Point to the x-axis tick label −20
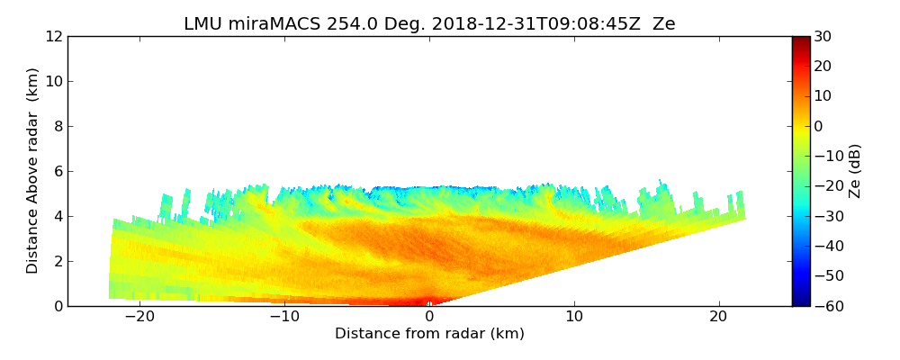point(139,318)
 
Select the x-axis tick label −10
point(284,318)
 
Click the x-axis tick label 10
point(574,318)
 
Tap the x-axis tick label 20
point(718,318)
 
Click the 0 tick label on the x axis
point(429,318)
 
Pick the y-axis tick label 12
point(53,37)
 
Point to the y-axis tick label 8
point(57,127)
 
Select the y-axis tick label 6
point(57,172)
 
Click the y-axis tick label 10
point(53,82)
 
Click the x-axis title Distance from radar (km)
point(429,334)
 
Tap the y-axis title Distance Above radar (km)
point(33,171)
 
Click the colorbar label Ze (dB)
point(855,171)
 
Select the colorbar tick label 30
point(821,37)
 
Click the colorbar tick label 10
point(821,96)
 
